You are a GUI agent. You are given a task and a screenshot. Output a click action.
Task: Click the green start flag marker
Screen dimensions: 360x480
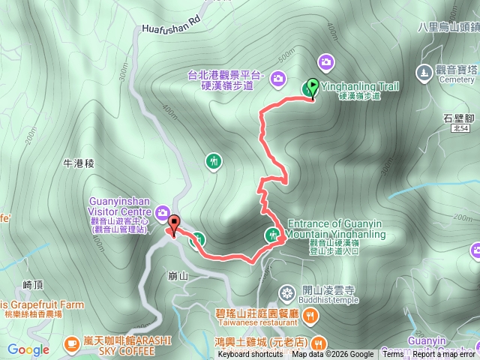pos(313,88)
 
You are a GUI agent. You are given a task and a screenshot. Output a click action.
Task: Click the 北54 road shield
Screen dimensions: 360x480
pos(459,130)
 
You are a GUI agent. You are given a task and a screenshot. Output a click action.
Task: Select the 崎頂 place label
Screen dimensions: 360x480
pos(34,284)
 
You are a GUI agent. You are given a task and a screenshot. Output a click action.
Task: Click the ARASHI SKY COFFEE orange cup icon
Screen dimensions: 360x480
pos(72,343)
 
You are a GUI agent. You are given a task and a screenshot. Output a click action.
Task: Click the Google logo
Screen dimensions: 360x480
pos(28,349)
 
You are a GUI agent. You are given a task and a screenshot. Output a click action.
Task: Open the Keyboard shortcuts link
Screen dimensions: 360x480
pos(250,355)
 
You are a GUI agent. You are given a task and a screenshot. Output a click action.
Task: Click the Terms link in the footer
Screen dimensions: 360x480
pos(393,355)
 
